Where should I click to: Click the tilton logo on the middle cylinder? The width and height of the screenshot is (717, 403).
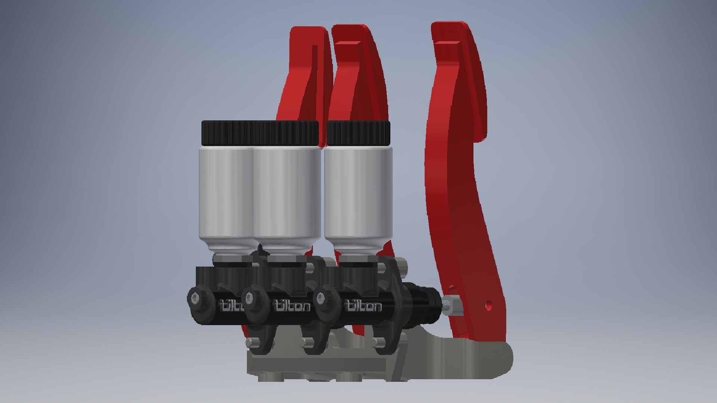(x=293, y=306)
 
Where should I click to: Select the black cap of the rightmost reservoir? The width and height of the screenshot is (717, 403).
(x=358, y=133)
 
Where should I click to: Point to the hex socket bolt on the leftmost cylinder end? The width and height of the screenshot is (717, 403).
(x=195, y=298)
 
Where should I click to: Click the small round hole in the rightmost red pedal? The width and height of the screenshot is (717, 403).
(x=488, y=306)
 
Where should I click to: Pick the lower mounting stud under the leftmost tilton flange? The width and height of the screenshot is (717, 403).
(x=250, y=342)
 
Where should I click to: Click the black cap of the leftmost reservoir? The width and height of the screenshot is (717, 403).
(x=228, y=133)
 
